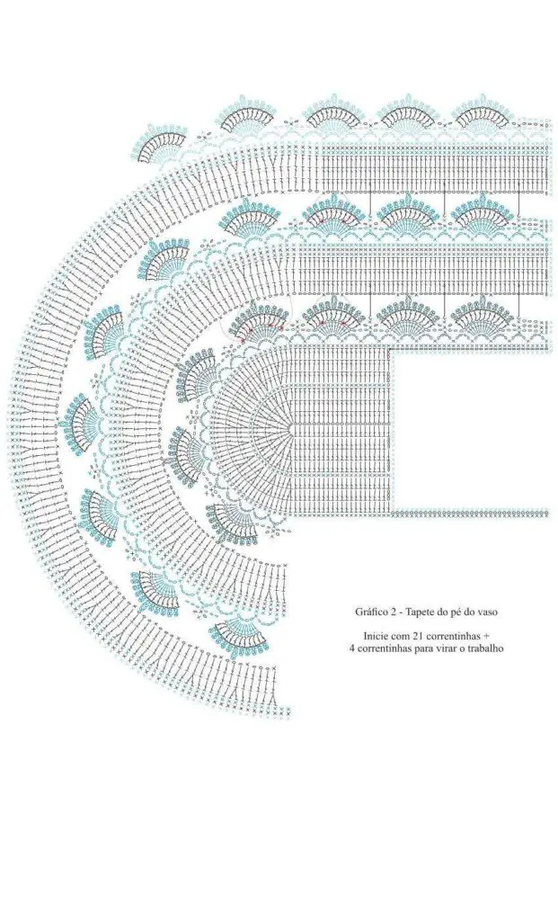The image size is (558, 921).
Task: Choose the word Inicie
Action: [x=376, y=636]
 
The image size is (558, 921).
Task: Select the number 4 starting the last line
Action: [x=350, y=648]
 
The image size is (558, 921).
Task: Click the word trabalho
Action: [x=486, y=648]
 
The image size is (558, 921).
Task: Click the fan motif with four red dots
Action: [x=257, y=323]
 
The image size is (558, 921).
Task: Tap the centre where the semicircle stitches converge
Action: [x=290, y=429]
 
